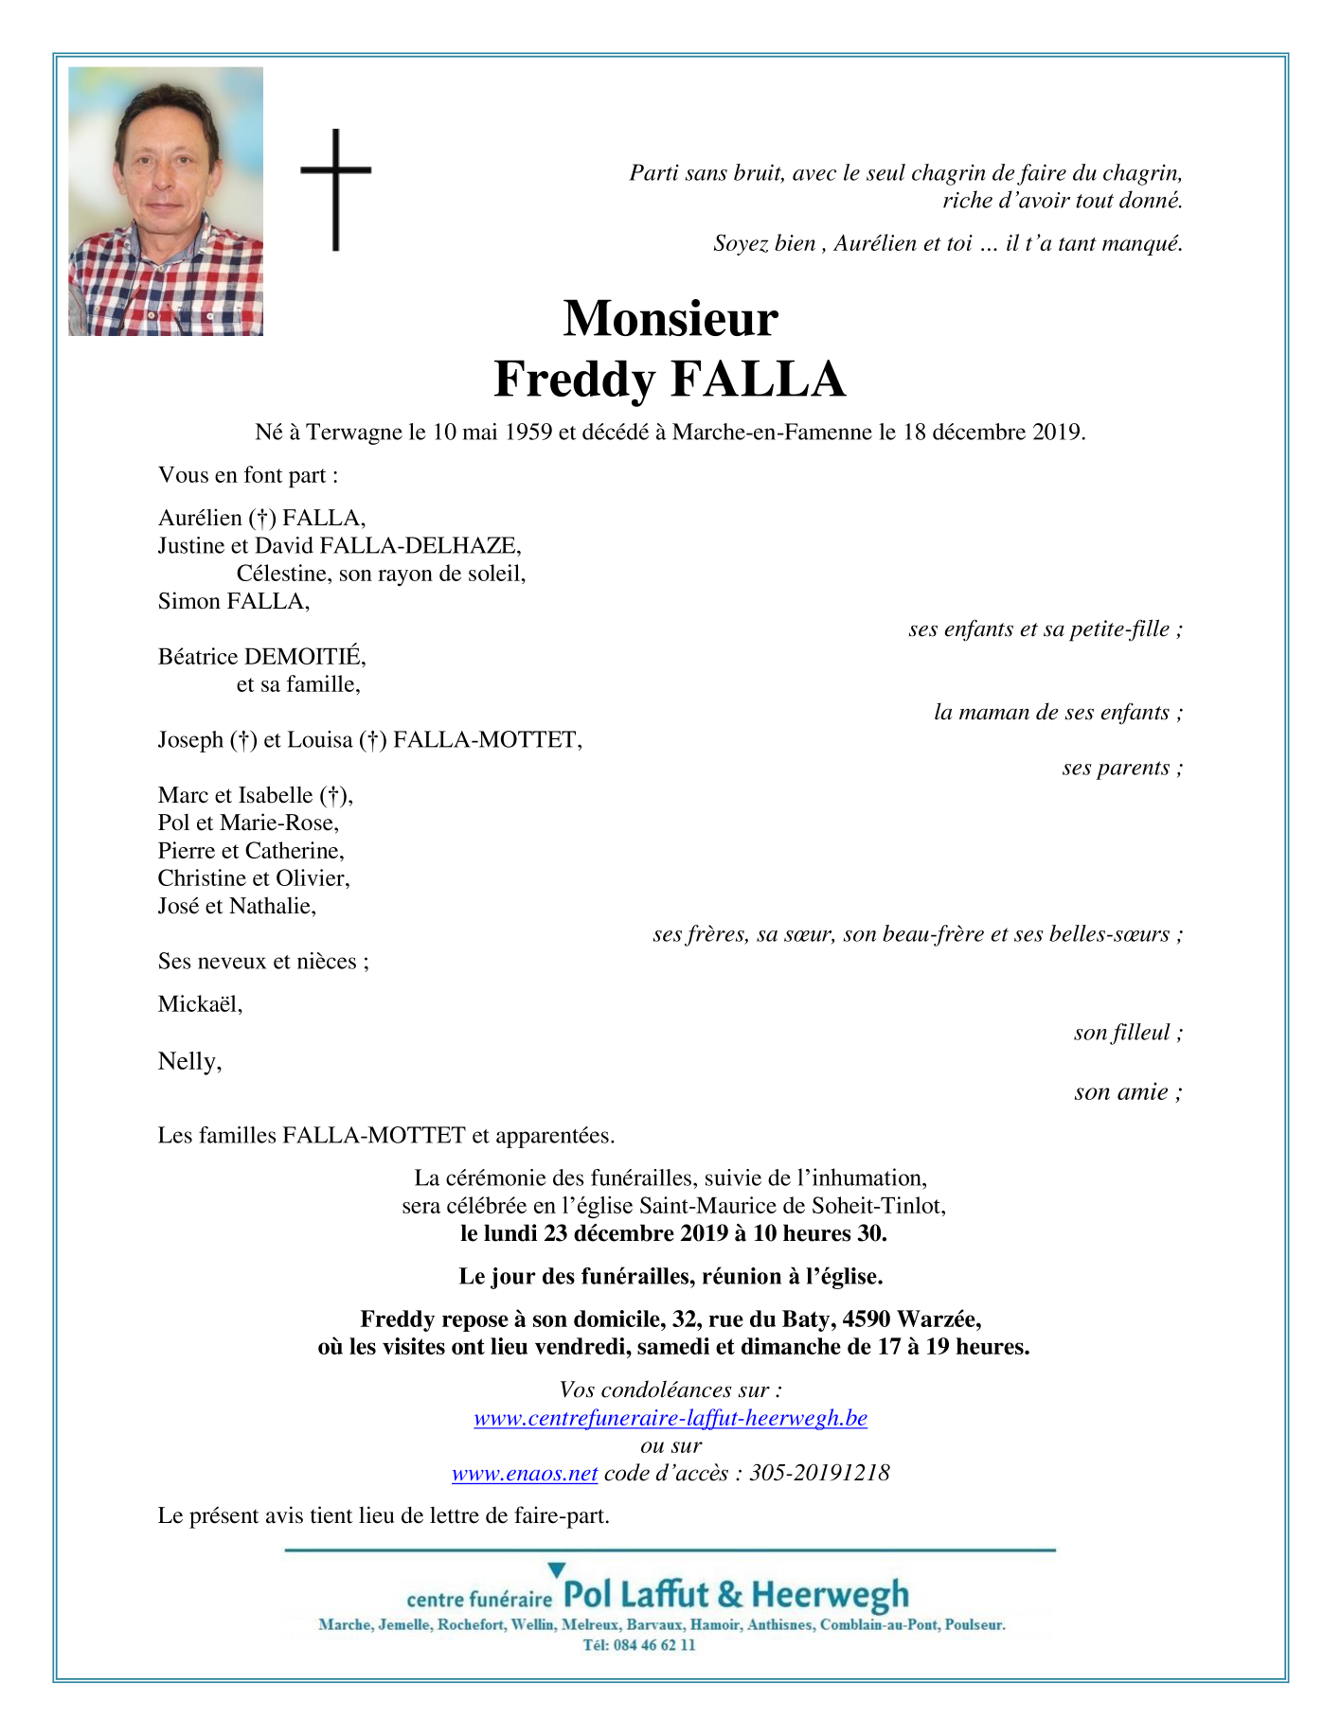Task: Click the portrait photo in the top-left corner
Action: pyautogui.click(x=166, y=201)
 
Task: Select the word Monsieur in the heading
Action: pyautogui.click(x=670, y=318)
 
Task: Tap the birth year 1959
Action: pyautogui.click(x=528, y=433)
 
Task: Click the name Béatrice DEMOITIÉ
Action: pyautogui.click(x=261, y=656)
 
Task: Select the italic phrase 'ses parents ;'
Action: pyautogui.click(x=1122, y=768)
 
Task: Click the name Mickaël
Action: pyautogui.click(x=200, y=1004)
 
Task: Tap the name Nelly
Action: pyautogui.click(x=189, y=1062)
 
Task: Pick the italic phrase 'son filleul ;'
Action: pyautogui.click(x=1128, y=1033)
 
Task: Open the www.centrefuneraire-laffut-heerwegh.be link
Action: pyautogui.click(x=670, y=1418)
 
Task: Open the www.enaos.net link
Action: pyautogui.click(x=525, y=1474)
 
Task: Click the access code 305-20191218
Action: pyautogui.click(x=819, y=1474)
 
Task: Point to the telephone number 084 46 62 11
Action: pyautogui.click(x=654, y=1645)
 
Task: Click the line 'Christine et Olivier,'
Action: pyautogui.click(x=254, y=878)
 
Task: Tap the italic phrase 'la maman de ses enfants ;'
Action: pyautogui.click(x=1058, y=713)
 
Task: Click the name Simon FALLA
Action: pyautogui.click(x=233, y=601)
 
